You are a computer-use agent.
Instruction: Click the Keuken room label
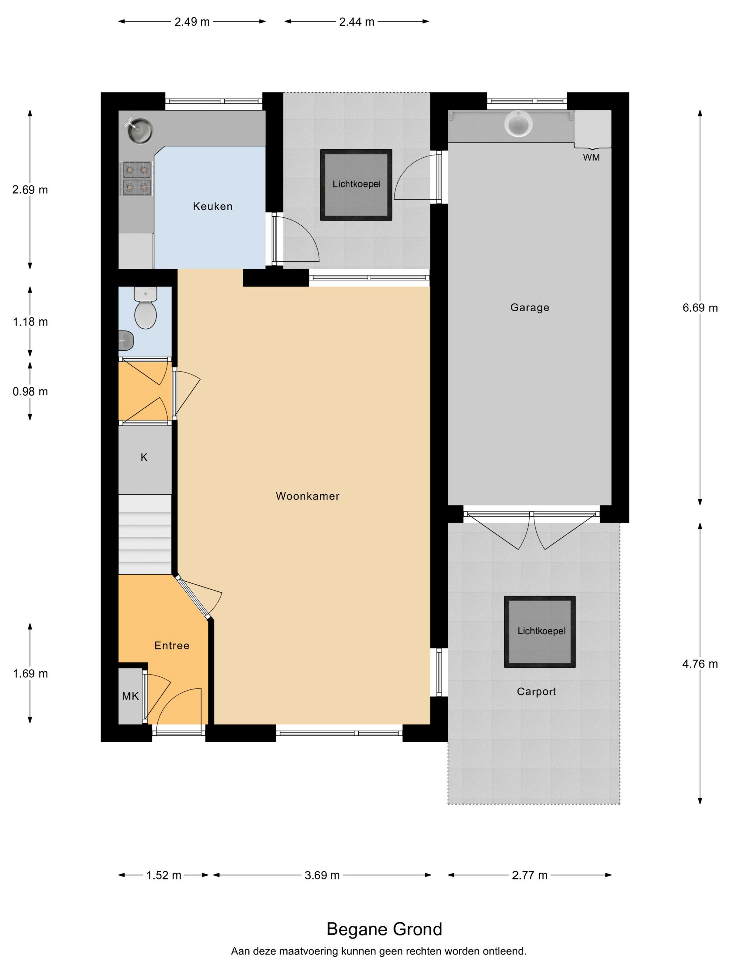pos(212,206)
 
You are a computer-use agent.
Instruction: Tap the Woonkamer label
pos(308,496)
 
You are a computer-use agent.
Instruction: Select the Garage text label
pos(530,308)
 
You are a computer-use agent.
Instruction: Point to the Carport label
pos(536,692)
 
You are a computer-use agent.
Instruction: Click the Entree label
pos(172,646)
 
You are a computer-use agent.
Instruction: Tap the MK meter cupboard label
pos(131,696)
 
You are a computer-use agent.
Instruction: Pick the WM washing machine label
pos(591,157)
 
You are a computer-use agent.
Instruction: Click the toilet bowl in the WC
pos(146,310)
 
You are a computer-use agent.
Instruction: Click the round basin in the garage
pos(519,123)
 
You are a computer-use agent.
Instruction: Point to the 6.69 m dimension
pos(700,308)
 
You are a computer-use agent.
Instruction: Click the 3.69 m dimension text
pos(322,875)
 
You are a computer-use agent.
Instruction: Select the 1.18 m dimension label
pos(30,322)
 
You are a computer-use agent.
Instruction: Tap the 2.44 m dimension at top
pos(356,22)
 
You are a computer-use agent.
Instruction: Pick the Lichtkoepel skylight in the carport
pos(540,632)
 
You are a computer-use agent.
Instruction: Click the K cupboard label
pos(144,458)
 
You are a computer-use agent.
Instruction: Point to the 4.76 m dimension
pos(700,664)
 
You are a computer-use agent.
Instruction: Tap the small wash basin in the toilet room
pos(126,340)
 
